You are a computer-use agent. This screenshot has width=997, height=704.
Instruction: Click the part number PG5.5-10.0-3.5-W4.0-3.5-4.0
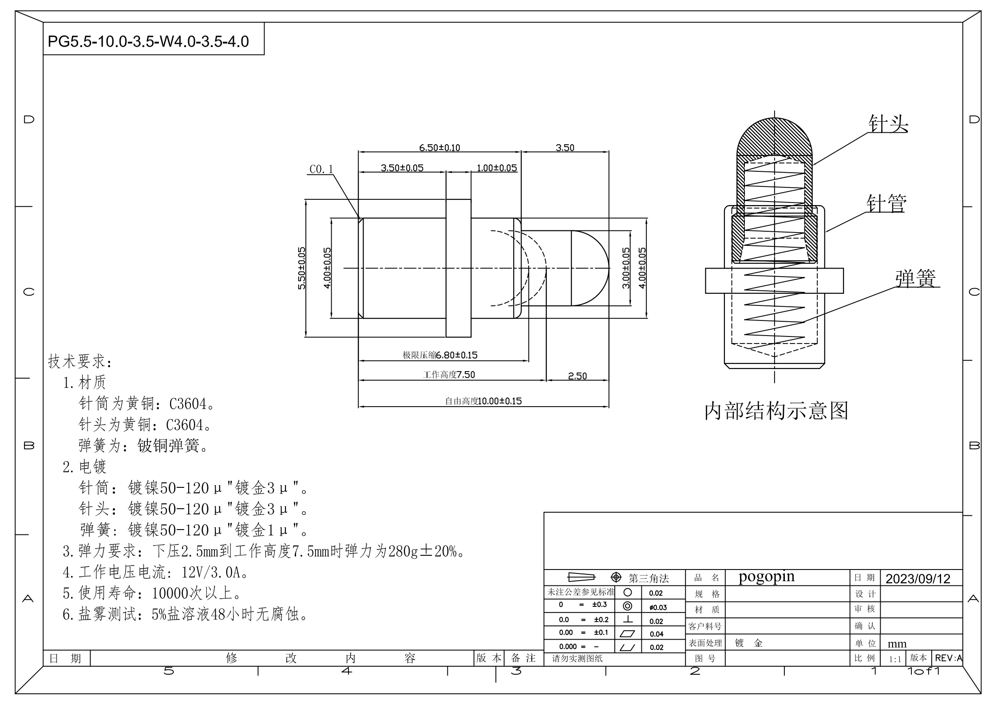coord(148,42)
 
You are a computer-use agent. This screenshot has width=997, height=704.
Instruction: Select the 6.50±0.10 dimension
coord(439,148)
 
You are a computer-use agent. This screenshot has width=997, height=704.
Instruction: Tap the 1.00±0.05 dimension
coord(497,168)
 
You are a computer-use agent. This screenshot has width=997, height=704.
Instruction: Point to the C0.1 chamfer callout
coord(321,170)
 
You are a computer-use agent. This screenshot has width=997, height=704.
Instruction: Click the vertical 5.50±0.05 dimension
coord(302,268)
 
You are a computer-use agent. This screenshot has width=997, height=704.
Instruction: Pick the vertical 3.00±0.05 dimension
coord(626,268)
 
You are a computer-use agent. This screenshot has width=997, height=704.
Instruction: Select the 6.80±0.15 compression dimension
coord(456,355)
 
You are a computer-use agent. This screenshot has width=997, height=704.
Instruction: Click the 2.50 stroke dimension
coord(577,376)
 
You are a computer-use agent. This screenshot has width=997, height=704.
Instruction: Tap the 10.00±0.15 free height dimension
coord(499,401)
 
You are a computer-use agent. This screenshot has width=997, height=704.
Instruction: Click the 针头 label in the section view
coord(888,124)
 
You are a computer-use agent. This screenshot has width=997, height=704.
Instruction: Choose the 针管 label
coord(886,204)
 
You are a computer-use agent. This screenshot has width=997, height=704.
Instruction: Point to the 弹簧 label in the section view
coord(915,279)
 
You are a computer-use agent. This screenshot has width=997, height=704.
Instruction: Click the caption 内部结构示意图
coord(776,411)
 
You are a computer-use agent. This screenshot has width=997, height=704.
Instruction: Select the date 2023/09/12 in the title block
coord(918,579)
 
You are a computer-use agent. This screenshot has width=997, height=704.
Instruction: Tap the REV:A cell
coord(948,658)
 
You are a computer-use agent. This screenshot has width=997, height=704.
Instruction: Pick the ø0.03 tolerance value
coord(658,607)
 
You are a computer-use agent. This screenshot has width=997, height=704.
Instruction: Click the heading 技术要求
coord(80,361)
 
